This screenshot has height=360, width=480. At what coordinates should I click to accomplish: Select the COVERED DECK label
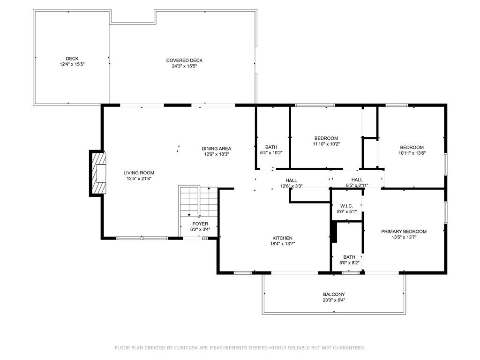tap(184, 60)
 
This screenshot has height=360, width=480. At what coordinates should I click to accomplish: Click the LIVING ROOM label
tap(139, 172)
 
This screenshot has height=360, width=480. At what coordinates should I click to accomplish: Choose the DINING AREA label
tap(216, 149)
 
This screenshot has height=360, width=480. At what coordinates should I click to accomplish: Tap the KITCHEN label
tap(282, 238)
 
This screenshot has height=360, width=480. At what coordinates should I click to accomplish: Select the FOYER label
tap(200, 224)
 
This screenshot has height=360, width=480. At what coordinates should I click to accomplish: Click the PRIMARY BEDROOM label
tap(404, 232)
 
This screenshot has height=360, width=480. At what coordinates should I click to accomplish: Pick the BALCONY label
tap(334, 294)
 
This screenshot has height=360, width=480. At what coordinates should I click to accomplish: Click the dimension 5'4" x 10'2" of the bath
tap(271, 153)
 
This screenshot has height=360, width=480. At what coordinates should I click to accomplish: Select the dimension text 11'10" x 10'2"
tap(326, 144)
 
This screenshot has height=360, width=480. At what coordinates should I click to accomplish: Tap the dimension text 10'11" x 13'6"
tap(412, 153)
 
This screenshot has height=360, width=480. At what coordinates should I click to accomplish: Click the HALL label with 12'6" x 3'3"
tap(291, 180)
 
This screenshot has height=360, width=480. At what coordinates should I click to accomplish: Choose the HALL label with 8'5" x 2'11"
tap(357, 180)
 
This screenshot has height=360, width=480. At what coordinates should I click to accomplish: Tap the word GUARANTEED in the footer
tap(347, 348)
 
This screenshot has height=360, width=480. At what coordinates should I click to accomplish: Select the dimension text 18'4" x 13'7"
tap(282, 244)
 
